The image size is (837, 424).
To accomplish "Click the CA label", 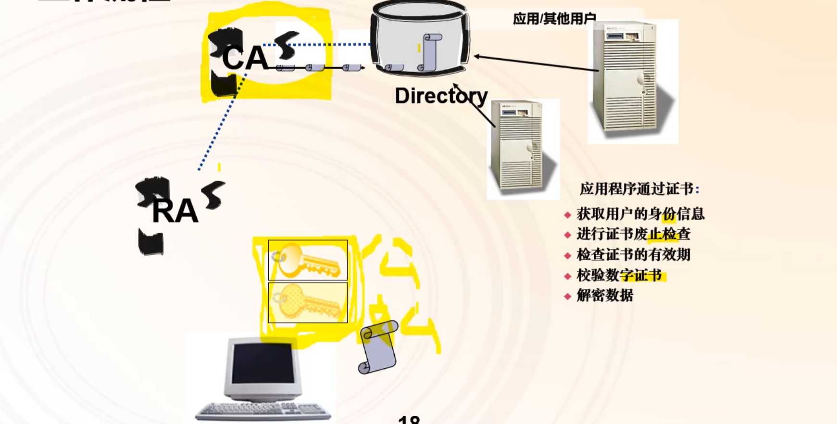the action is (x=245, y=59).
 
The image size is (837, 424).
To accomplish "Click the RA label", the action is (x=175, y=211).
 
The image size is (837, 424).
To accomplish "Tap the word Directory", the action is (x=441, y=96).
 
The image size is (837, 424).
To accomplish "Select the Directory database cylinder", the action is (x=420, y=38).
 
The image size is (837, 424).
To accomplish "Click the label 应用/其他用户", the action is (x=554, y=19).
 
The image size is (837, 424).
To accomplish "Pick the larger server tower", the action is (x=625, y=77).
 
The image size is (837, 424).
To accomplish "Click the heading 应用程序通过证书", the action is (x=637, y=189).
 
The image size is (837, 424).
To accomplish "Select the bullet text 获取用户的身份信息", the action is (x=640, y=214).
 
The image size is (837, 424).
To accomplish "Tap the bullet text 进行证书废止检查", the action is (x=633, y=234).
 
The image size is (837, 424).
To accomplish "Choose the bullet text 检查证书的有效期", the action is (x=633, y=255).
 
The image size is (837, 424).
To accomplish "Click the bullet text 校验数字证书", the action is (x=619, y=275).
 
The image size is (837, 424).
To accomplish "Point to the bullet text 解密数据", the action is (x=605, y=296).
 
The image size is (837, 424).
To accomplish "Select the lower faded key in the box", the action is (x=307, y=302).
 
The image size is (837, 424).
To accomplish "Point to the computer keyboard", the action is (x=263, y=412).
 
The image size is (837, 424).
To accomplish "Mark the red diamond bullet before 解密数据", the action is (x=567, y=296).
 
